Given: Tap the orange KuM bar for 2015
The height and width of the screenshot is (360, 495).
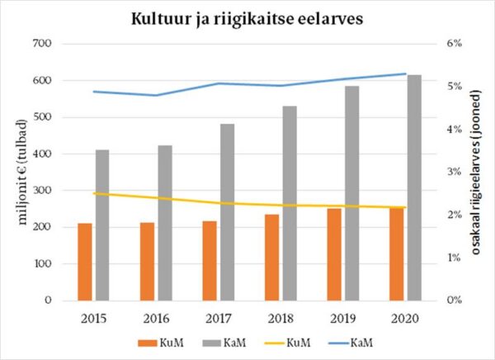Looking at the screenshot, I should [x=84, y=261].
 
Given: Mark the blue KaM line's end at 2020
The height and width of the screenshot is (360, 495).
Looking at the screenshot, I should [x=406, y=73].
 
